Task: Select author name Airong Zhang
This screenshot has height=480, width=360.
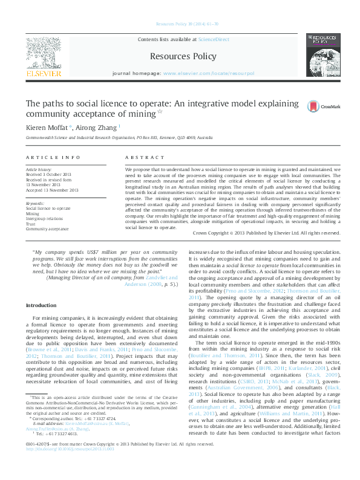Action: (x=99, y=128)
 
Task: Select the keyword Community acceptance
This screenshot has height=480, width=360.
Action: (x=47, y=229)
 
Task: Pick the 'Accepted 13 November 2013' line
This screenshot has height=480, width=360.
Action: (x=52, y=190)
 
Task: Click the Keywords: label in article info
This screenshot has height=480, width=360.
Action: (x=35, y=204)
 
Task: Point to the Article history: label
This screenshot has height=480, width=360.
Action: (x=39, y=170)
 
